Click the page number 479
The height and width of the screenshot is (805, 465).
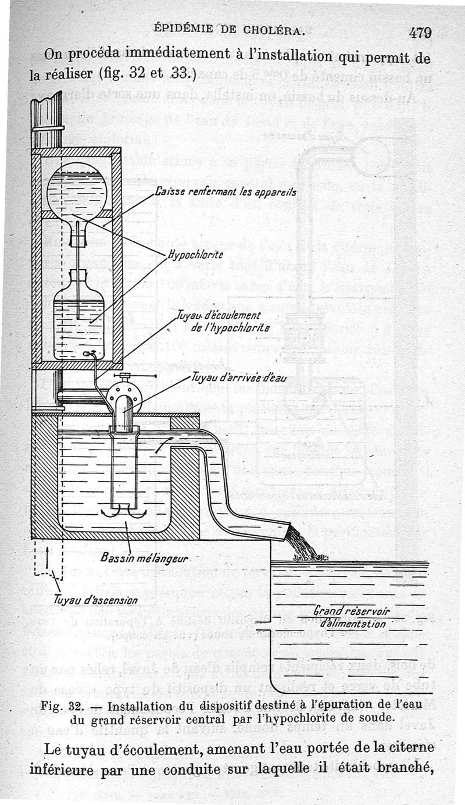[419, 33]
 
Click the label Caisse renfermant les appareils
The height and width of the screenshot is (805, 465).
[226, 192]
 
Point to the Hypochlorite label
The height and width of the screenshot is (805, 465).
[195, 254]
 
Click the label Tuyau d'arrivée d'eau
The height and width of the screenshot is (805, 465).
[238, 378]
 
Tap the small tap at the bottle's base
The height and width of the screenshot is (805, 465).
[87, 353]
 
